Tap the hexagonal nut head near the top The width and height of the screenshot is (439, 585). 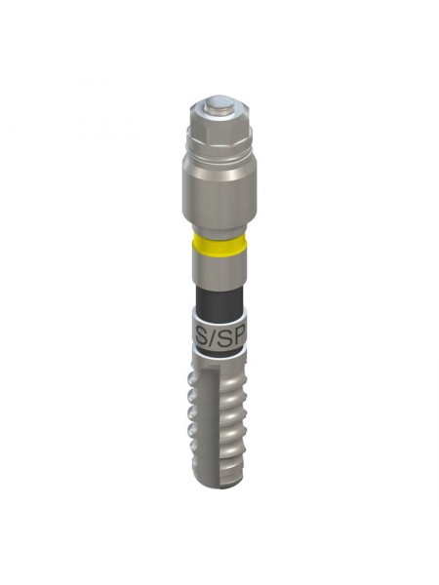pos(219,123)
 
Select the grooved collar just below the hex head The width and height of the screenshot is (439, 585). pos(219,145)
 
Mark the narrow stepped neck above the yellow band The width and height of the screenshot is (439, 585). pos(219,227)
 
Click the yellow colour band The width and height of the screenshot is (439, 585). pos(219,243)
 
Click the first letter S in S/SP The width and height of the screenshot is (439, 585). pos(202,338)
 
